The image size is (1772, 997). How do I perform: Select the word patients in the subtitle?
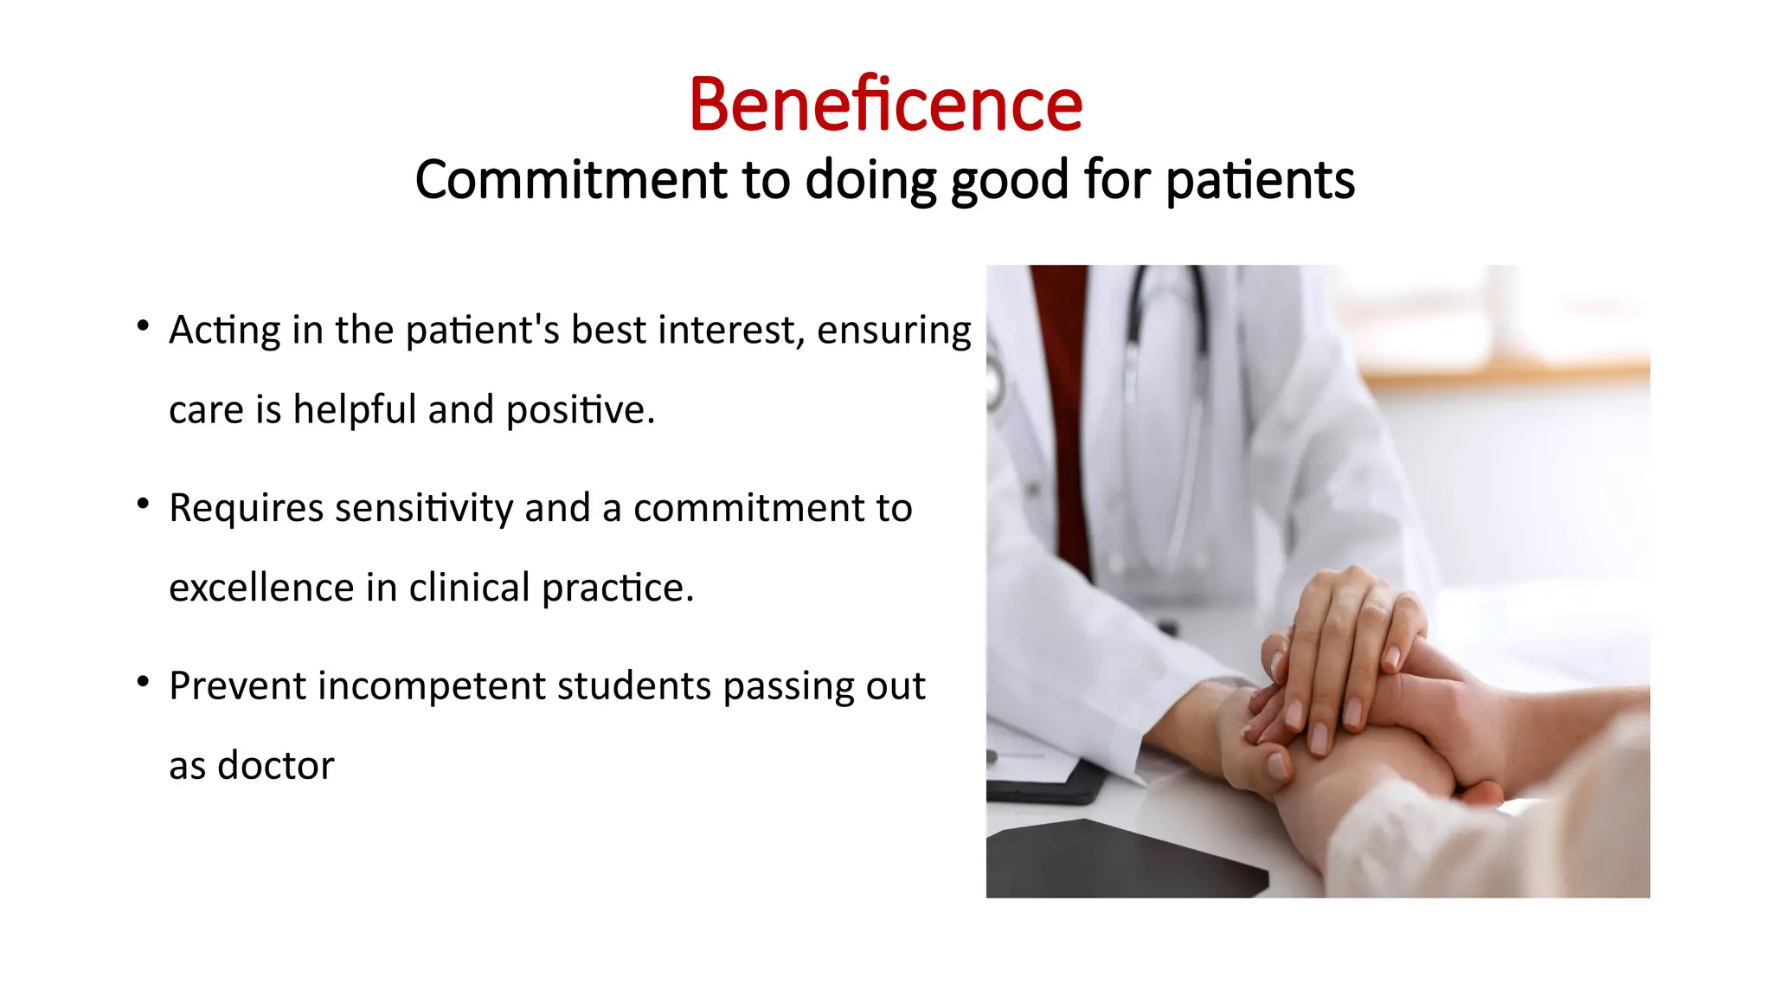coord(1260,180)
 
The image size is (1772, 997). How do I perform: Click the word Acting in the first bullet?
coord(225,331)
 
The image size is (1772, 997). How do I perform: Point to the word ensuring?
coord(894,331)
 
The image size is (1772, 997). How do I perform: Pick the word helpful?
coord(355,409)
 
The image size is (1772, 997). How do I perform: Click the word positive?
coord(580,409)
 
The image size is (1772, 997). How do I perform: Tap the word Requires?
coord(247,508)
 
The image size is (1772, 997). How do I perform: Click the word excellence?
coord(261,588)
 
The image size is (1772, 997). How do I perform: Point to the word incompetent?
coord(433,686)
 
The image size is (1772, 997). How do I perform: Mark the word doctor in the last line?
coord(275,766)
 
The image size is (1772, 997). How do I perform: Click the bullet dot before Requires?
coord(144,504)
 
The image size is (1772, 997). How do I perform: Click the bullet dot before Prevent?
coord(144,682)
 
